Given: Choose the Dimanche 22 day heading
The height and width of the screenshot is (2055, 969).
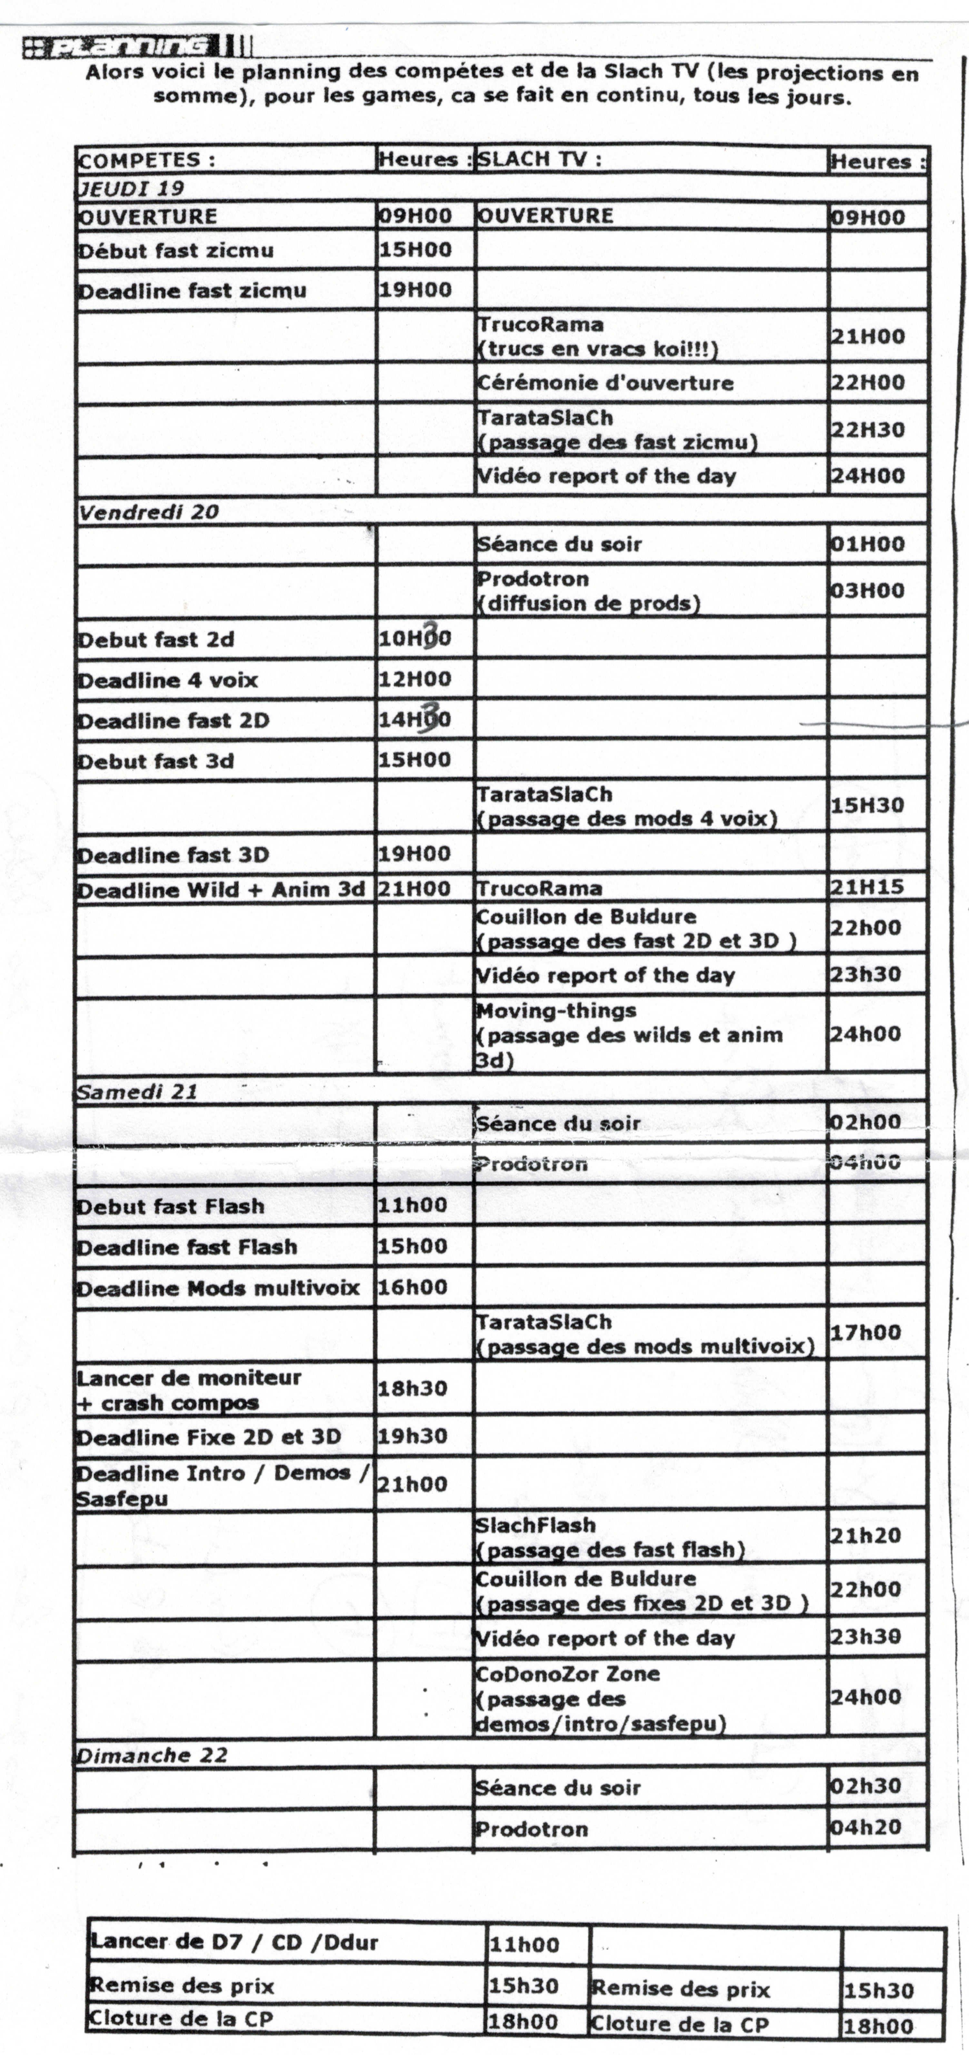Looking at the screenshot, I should click(x=152, y=1755).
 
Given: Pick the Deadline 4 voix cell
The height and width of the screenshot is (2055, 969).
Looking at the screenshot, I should click(x=167, y=680).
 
